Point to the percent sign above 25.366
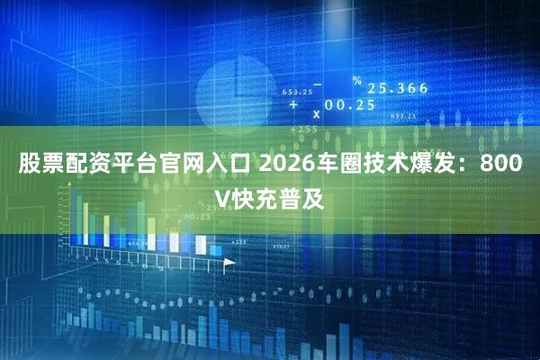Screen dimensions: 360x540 (x=357, y=81)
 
